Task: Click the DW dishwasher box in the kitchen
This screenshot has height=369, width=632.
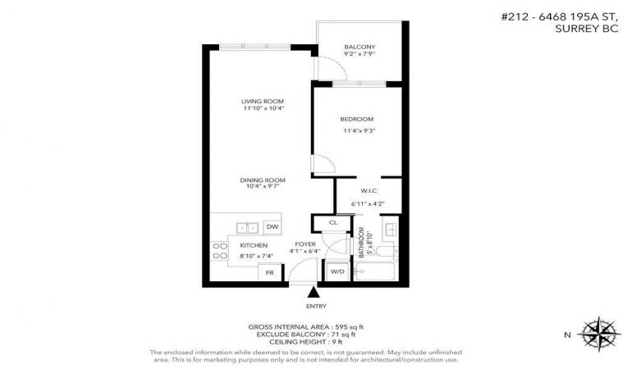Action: click(x=272, y=227)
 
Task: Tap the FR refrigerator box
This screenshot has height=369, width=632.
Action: click(x=270, y=273)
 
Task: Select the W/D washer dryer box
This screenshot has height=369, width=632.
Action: click(x=337, y=272)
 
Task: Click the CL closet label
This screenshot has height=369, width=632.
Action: click(x=333, y=222)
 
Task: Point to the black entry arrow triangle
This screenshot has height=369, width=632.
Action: click(x=314, y=292)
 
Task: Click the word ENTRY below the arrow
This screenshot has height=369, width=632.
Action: click(x=316, y=306)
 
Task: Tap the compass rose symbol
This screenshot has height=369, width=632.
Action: click(x=599, y=334)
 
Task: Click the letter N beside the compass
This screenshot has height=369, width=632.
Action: click(x=567, y=335)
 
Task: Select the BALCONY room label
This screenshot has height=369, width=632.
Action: click(x=360, y=47)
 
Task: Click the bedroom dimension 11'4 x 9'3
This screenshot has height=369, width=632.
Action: click(x=360, y=130)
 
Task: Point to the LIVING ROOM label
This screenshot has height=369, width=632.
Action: click(x=263, y=102)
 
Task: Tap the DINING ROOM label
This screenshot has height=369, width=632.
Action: click(x=263, y=180)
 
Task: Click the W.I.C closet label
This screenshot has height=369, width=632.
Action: click(x=369, y=190)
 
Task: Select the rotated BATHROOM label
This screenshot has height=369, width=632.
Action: click(x=361, y=243)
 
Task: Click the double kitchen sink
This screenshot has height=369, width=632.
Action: click(x=247, y=228)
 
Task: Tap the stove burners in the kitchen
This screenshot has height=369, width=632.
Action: click(x=220, y=251)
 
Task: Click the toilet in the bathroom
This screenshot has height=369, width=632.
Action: click(x=386, y=252)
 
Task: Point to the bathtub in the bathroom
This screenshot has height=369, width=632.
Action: click(x=374, y=271)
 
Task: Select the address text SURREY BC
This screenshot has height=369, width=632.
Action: click(x=587, y=29)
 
